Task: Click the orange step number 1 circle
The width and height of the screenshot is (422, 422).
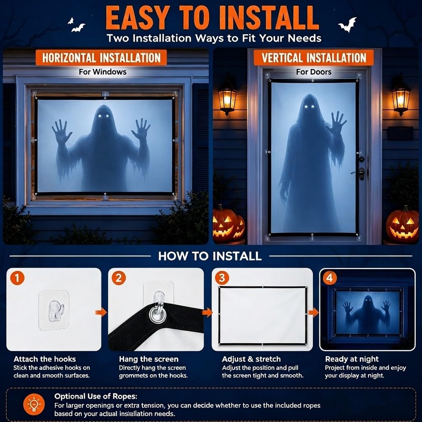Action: click(x=17, y=278)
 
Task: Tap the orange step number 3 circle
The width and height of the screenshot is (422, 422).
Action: click(x=222, y=278)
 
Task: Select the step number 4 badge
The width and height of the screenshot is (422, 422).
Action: click(x=329, y=278)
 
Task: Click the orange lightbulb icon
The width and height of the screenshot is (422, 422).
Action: click(x=34, y=405)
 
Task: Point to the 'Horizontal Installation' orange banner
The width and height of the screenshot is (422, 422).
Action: click(x=101, y=58)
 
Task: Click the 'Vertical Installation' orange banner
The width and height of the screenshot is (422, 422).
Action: click(x=314, y=58)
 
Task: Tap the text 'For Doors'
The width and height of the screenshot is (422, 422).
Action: click(x=314, y=72)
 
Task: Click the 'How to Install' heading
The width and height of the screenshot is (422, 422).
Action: click(x=210, y=256)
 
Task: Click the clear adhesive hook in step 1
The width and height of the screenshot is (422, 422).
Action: click(x=56, y=311)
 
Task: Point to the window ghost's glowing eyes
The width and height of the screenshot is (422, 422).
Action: click(x=104, y=116)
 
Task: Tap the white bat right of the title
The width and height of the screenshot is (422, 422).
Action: click(x=348, y=24)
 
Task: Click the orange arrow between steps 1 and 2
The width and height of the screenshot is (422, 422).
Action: click(x=101, y=312)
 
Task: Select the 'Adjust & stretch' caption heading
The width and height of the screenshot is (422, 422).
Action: click(x=251, y=359)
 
